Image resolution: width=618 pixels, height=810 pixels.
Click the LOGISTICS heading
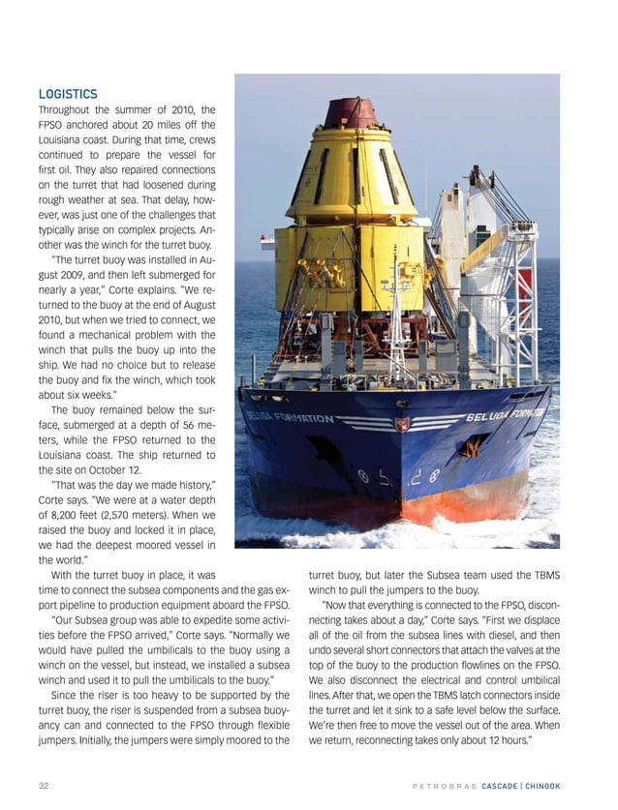(x=67, y=94)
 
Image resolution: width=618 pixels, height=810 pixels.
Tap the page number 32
(x=44, y=784)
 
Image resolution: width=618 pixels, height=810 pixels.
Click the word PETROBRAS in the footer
(x=447, y=784)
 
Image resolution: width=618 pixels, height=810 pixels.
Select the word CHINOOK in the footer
(x=559, y=784)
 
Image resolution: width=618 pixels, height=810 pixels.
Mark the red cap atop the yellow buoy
(x=351, y=113)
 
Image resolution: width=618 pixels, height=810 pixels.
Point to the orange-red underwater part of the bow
(x=470, y=498)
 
